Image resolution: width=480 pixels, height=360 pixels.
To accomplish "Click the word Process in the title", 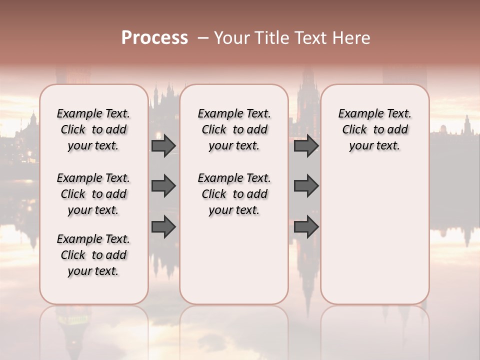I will click(154, 38).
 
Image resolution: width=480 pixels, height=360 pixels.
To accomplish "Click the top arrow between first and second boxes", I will click(163, 145).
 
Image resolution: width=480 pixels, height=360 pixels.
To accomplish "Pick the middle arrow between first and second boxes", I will click(163, 186).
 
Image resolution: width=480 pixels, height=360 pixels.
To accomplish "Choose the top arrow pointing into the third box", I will click(306, 145).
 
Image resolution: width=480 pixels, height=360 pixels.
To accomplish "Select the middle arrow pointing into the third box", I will click(306, 186).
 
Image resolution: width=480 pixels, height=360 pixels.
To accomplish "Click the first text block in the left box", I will click(93, 129).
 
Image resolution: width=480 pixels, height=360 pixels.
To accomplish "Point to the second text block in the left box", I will click(93, 194).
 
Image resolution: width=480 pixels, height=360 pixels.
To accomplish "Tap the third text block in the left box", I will click(93, 255).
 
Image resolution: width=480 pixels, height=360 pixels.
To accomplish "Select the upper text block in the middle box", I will click(234, 129).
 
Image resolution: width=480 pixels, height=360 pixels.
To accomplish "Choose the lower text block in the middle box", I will click(234, 194).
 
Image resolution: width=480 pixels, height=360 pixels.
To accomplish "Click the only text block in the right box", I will click(375, 129).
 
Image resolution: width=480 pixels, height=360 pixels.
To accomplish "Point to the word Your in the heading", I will click(231, 38).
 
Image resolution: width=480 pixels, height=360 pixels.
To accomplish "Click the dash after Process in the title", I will click(203, 38).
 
